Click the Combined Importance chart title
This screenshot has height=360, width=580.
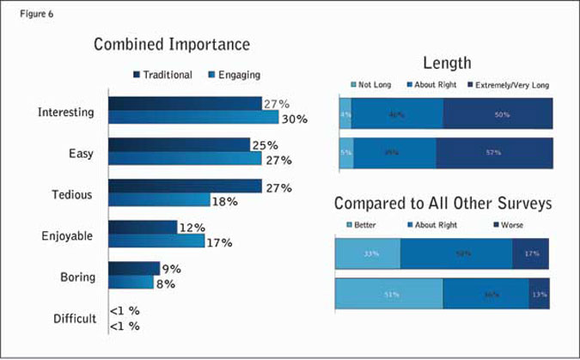[172, 44]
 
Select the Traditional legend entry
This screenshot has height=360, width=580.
[163, 75]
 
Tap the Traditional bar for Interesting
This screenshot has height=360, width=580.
[185, 104]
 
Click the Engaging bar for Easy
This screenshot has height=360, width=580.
[185, 159]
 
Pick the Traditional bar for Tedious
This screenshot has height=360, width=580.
[185, 186]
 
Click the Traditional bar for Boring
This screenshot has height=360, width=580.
[134, 269]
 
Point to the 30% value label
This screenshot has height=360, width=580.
[295, 119]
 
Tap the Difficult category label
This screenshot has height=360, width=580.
[76, 318]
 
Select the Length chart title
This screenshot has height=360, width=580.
[446, 63]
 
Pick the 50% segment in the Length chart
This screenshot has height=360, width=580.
[498, 113]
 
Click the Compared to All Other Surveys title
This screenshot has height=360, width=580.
[442, 204]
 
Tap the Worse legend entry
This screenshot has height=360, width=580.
[510, 225]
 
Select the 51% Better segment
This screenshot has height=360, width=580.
[388, 294]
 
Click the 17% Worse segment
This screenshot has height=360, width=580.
[530, 254]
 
